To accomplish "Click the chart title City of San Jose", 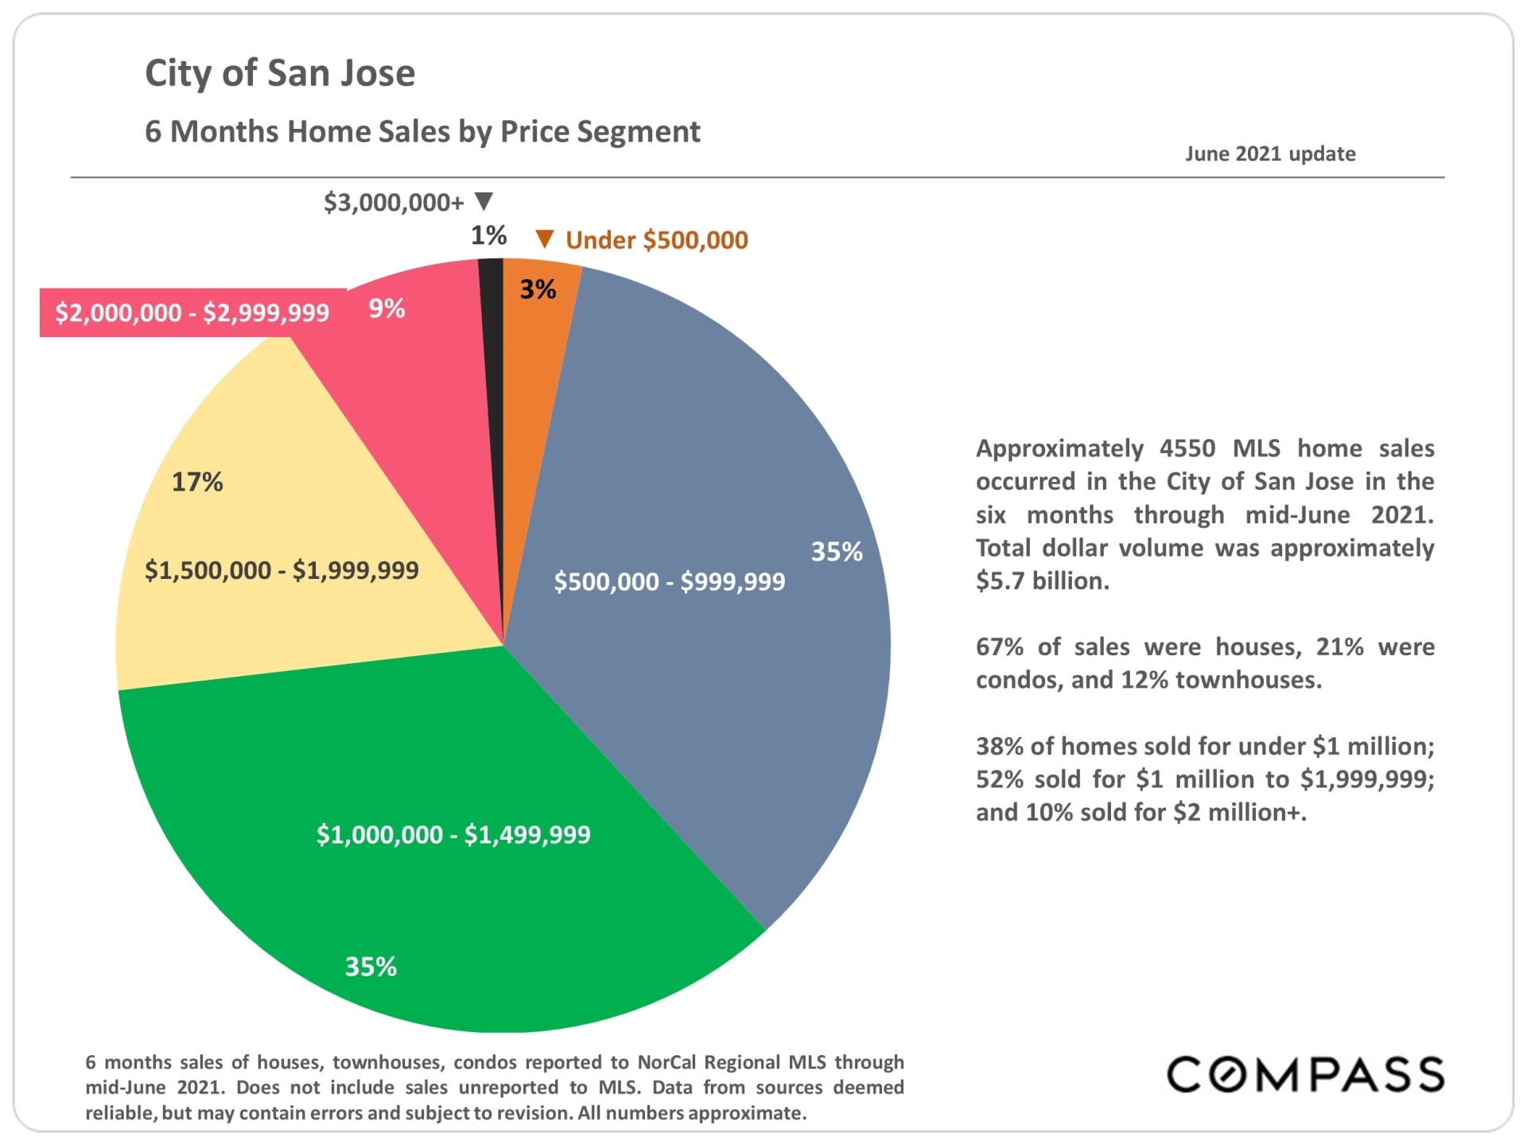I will (x=280, y=73).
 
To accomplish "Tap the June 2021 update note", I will (x=1270, y=153).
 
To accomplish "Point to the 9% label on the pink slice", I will (x=387, y=309).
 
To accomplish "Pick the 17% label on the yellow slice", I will (x=197, y=482).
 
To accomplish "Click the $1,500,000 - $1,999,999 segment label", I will (x=282, y=570).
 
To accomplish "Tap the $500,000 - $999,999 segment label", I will (x=669, y=581).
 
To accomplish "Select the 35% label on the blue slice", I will (x=837, y=552).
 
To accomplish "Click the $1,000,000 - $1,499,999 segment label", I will (x=453, y=834).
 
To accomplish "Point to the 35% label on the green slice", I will (x=371, y=966).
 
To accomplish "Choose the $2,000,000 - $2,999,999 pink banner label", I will (x=192, y=312).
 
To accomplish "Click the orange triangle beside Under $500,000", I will (x=544, y=239).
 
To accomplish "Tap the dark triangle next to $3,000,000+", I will (x=484, y=200).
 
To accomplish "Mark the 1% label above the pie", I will (x=488, y=235).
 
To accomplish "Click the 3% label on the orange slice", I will (x=538, y=289).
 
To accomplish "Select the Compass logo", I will (x=1305, y=1074).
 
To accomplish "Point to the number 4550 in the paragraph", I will (x=1187, y=448).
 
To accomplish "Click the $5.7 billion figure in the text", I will (x=1042, y=581).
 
